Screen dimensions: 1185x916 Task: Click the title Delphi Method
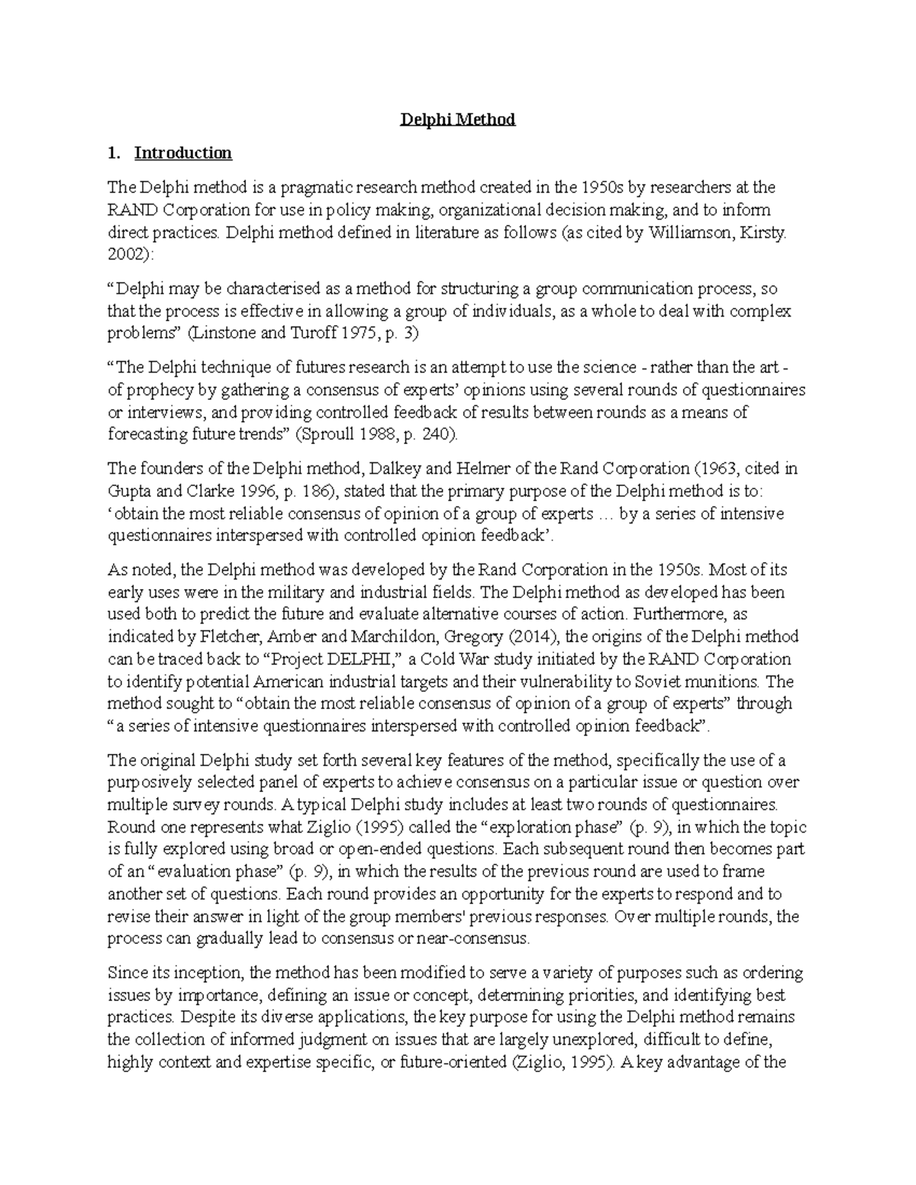pyautogui.click(x=459, y=120)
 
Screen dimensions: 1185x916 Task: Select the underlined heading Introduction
pyautogui.click(x=182, y=153)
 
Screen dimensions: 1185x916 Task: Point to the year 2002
pyautogui.click(x=123, y=255)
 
